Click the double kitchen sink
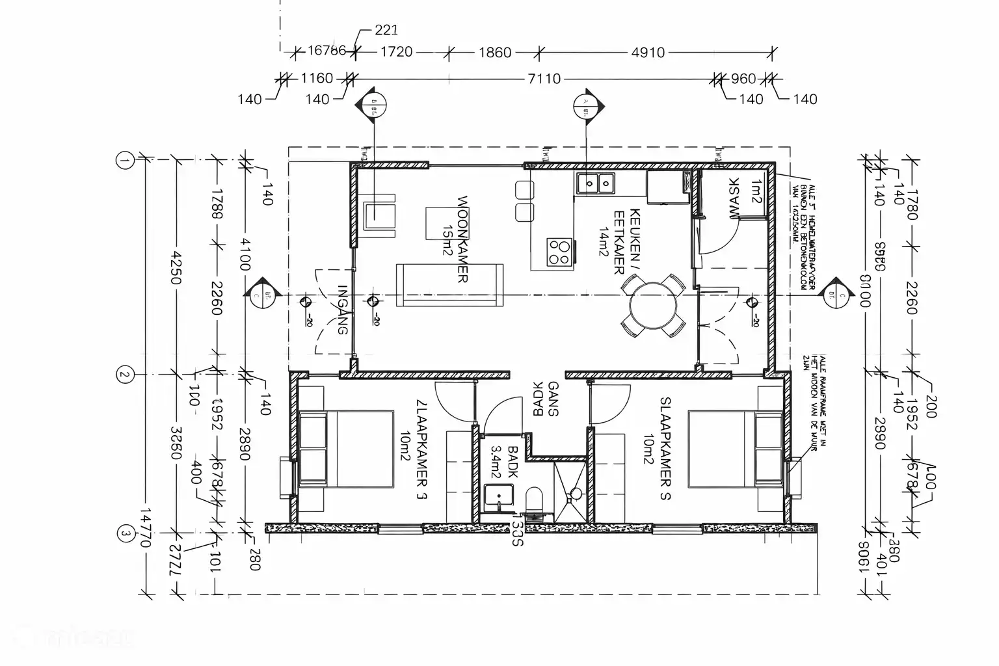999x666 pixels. (x=594, y=183)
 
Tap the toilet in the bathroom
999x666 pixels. (x=536, y=501)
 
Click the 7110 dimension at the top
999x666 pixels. (x=544, y=79)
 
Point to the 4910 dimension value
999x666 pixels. (x=647, y=52)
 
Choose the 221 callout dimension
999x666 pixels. (x=386, y=30)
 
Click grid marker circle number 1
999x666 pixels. (x=124, y=159)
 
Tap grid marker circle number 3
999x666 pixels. (x=124, y=535)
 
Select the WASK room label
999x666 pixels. (x=734, y=198)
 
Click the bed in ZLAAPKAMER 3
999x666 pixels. (x=346, y=449)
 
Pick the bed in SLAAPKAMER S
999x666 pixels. (x=735, y=449)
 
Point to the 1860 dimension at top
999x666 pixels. (x=495, y=52)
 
